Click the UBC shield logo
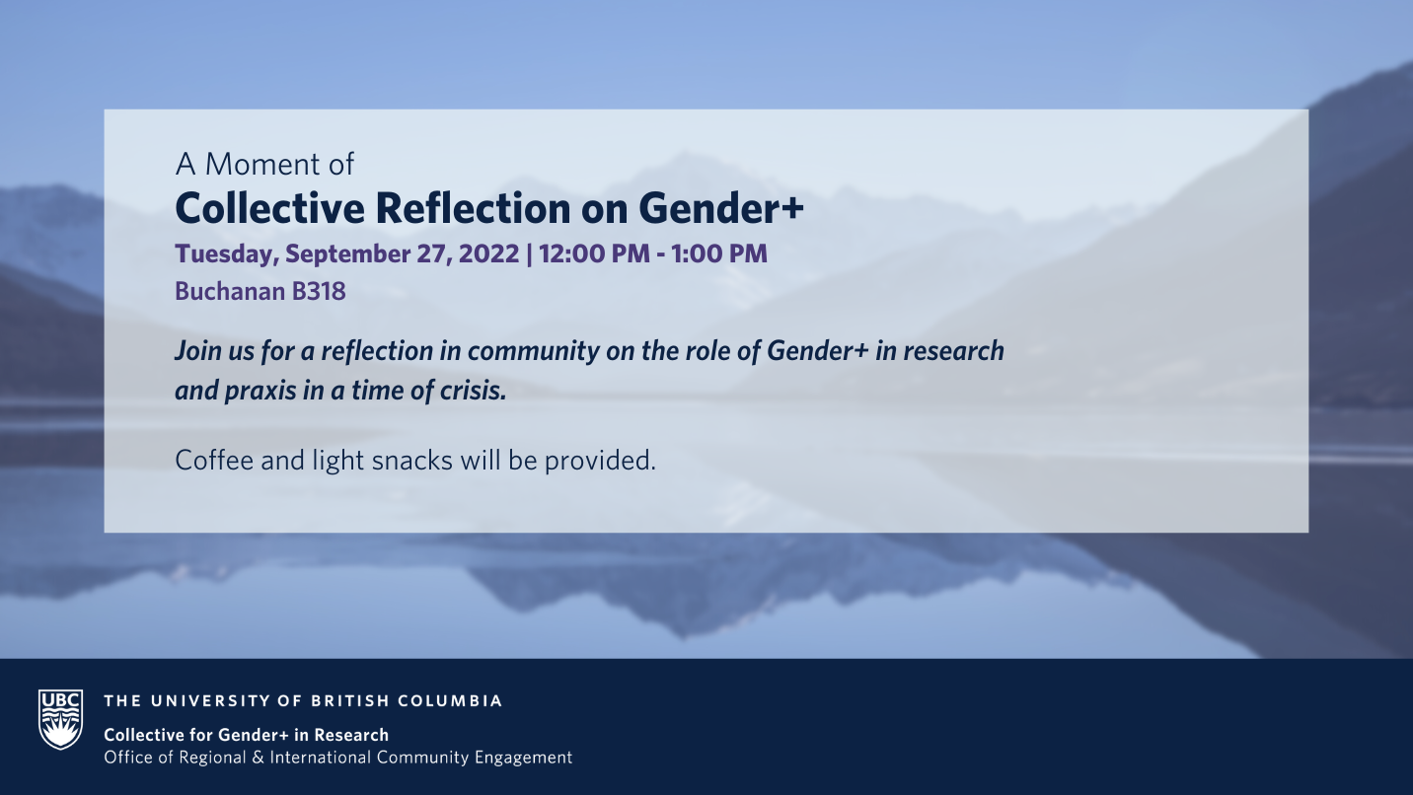[60, 719]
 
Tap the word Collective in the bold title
[270, 208]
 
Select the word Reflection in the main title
[473, 208]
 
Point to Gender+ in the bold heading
[721, 208]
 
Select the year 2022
[488, 254]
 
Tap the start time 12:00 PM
[594, 254]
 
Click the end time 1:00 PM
[719, 254]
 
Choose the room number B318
[319, 291]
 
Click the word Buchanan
[230, 291]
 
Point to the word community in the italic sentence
[534, 352]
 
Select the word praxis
[260, 392]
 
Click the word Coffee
[214, 461]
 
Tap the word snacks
[411, 461]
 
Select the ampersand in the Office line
[258, 758]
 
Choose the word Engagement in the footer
[524, 758]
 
